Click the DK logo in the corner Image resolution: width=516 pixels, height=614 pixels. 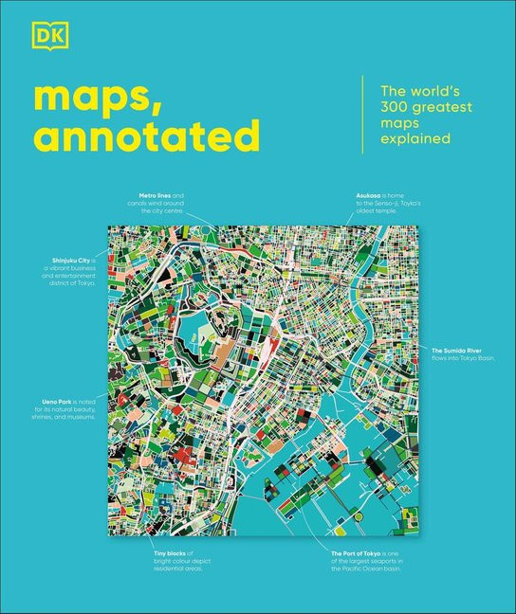pos(43,38)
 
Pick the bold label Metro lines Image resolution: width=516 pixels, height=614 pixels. pos(154,194)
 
